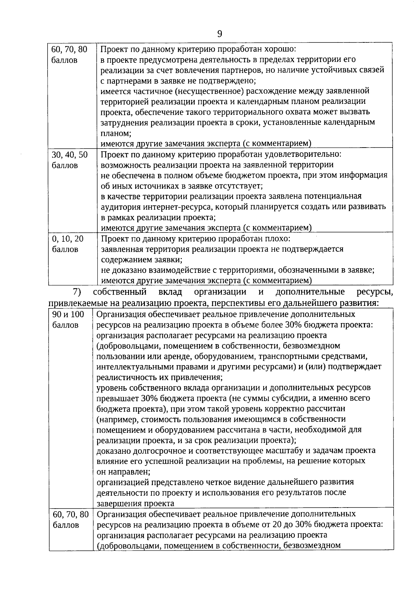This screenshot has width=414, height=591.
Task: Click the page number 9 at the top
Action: coord(219,34)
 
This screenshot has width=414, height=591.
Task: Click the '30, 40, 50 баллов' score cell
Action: coord(69,160)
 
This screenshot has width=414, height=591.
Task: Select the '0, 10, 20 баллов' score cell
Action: coord(68,244)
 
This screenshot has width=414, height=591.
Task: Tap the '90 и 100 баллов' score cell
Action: coord(68,320)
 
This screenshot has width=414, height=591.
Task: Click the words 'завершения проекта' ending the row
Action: coord(135,503)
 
